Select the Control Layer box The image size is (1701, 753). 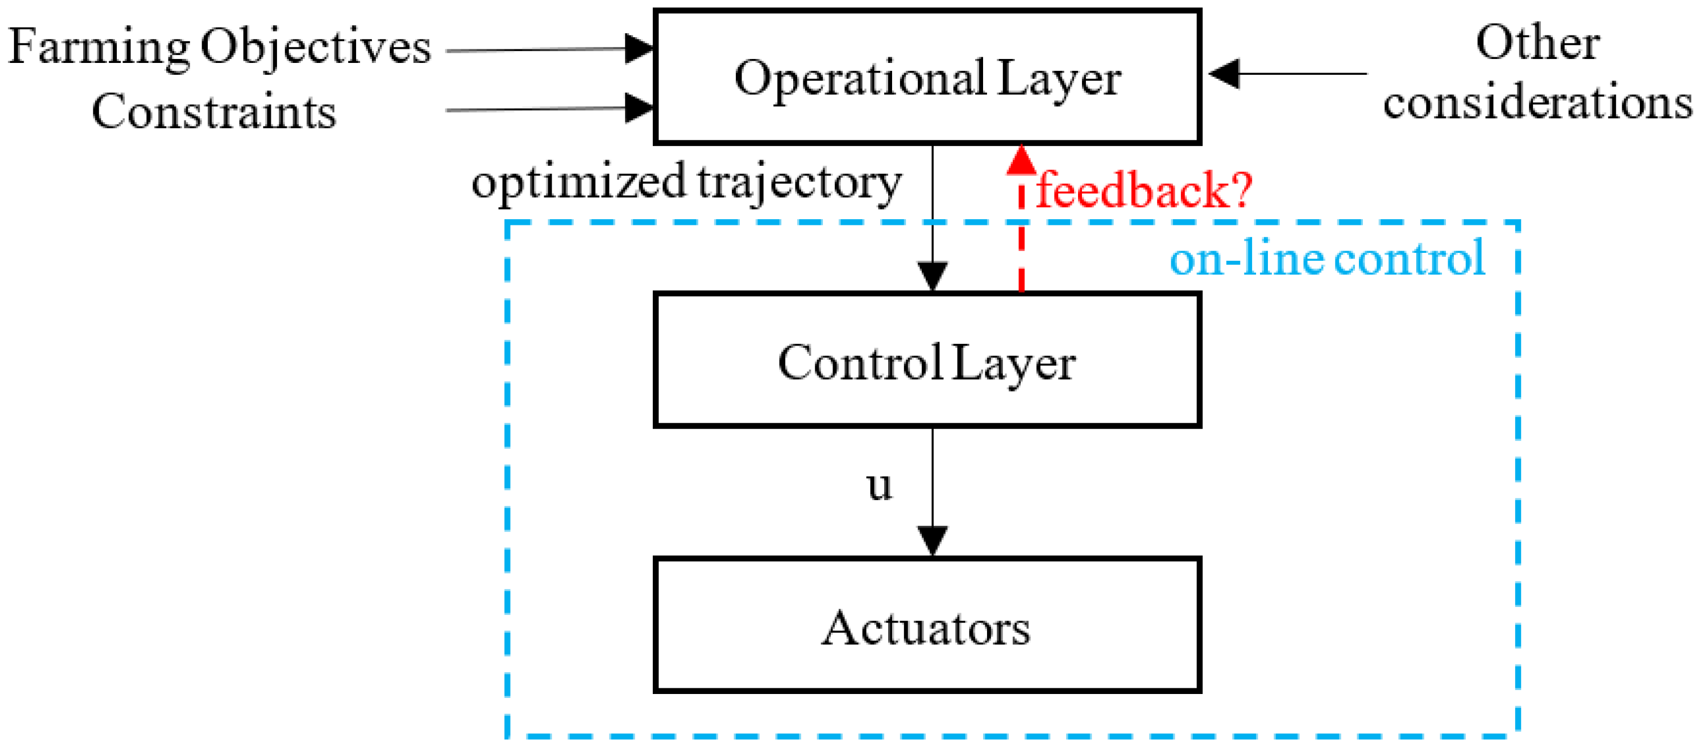pyautogui.click(x=926, y=361)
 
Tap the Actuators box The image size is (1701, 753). pyautogui.click(x=926, y=625)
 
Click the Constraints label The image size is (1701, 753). pyautogui.click(x=213, y=111)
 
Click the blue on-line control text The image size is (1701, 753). pyautogui.click(x=1327, y=258)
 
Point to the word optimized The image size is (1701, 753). pyautogui.click(x=579, y=181)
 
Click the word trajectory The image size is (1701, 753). pyautogui.click(x=799, y=182)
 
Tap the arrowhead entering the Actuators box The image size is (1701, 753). pyautogui.click(x=933, y=541)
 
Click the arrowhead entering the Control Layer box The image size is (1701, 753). pyautogui.click(x=933, y=276)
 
